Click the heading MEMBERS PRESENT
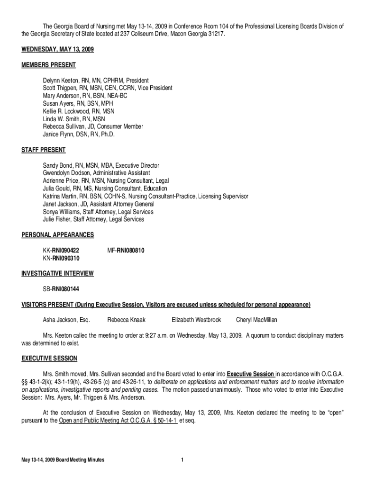click(x=49, y=65)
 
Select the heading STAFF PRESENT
click(x=44, y=150)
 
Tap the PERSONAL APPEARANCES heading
click(x=58, y=234)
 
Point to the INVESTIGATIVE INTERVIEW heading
click(x=57, y=273)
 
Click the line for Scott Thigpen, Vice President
click(x=108, y=88)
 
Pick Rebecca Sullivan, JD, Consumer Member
click(x=93, y=126)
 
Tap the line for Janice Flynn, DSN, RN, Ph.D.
click(x=79, y=134)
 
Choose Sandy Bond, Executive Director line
click(x=101, y=165)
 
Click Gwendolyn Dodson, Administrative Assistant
click(x=96, y=173)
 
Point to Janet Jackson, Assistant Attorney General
click(x=95, y=204)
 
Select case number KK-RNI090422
click(x=61, y=250)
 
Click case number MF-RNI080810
click(x=126, y=250)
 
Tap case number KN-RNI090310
click(x=61, y=258)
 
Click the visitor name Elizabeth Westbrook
click(x=196, y=320)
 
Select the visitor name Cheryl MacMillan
click(x=256, y=320)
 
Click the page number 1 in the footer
click(x=182, y=460)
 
